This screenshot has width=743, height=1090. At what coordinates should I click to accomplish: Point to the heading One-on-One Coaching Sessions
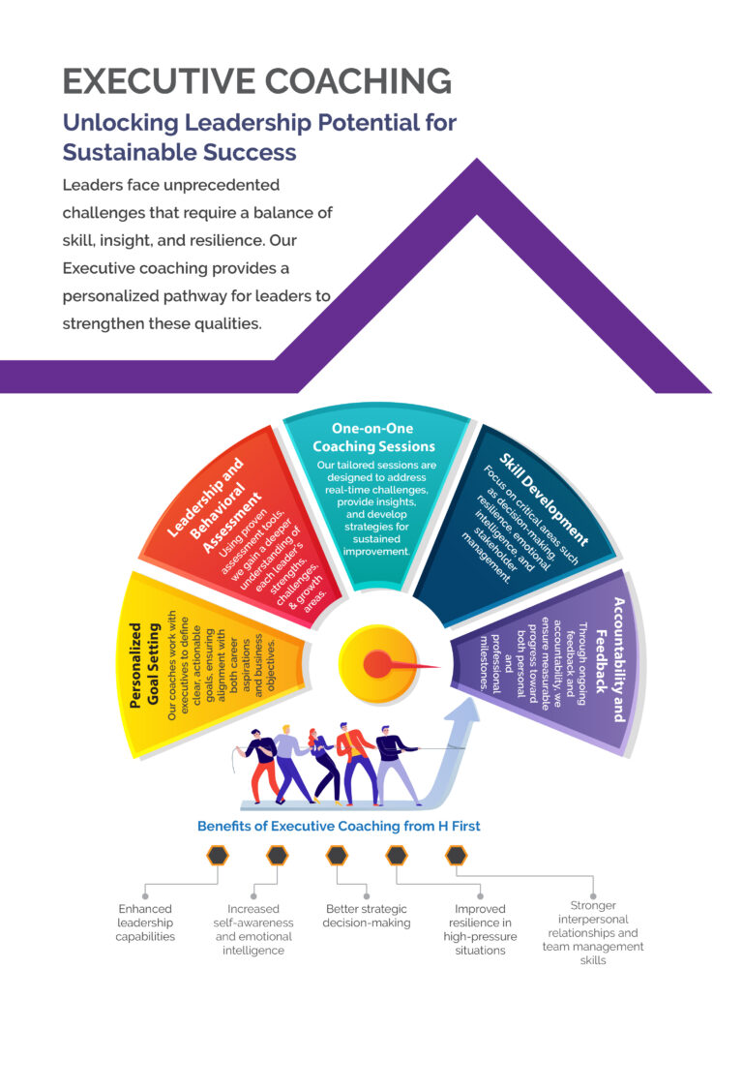coord(373,438)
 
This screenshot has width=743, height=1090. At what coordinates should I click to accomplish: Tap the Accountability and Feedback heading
coord(610,658)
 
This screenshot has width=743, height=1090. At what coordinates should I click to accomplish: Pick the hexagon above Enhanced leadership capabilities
coord(218,856)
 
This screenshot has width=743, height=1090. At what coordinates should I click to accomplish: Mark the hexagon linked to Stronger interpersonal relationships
coord(456,856)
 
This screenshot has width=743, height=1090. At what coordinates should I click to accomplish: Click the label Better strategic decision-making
coord(367,916)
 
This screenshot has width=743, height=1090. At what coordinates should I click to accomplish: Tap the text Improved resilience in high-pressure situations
coord(480,929)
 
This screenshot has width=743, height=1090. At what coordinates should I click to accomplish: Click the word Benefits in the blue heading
coord(225,827)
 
